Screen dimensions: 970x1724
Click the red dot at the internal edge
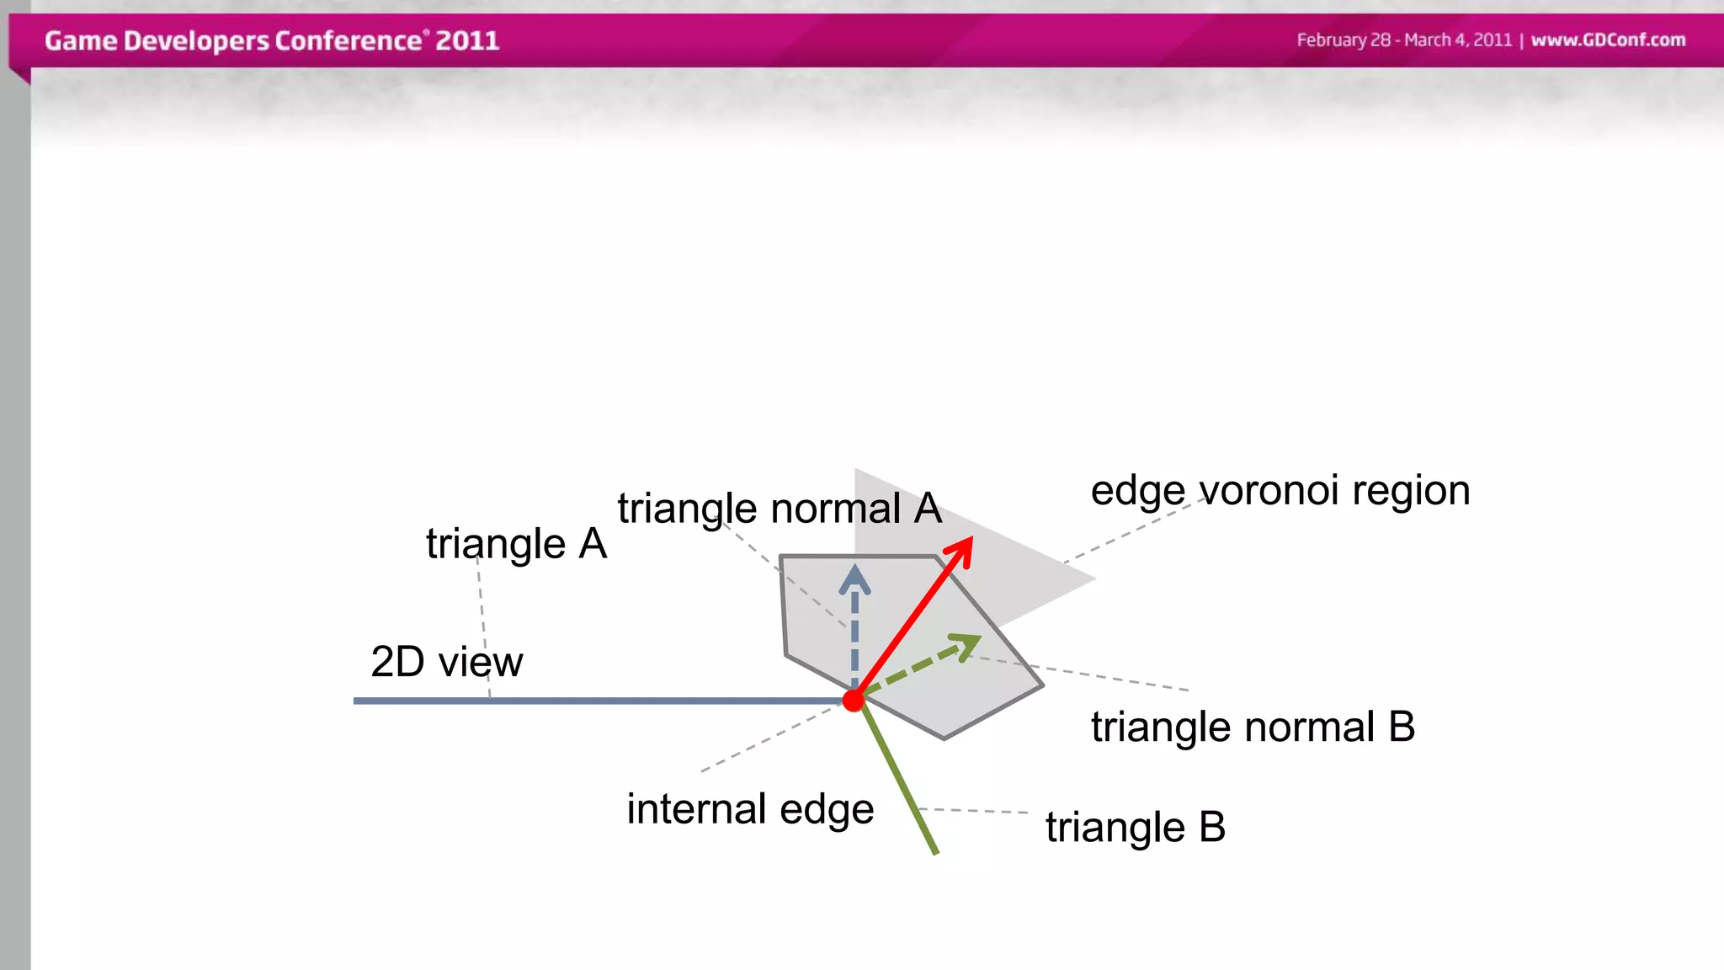854,700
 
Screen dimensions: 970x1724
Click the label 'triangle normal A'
779,509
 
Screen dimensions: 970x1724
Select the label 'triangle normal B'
1253,727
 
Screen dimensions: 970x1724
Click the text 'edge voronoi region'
1280,490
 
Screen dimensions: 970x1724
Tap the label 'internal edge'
750,809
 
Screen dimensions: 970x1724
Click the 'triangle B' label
1135,827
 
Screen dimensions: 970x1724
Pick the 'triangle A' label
516,544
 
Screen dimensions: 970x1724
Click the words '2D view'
446,662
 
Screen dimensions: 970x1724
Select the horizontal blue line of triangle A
589,700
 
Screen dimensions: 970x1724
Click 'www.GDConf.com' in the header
1608,40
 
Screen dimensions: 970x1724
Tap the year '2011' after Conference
467,40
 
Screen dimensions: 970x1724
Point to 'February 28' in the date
1344,40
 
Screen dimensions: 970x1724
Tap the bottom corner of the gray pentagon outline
944,738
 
